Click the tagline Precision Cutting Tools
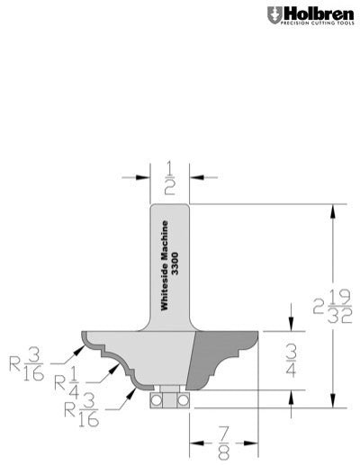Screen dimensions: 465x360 (x=312, y=25)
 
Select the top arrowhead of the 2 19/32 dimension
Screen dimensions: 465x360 (x=335, y=209)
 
